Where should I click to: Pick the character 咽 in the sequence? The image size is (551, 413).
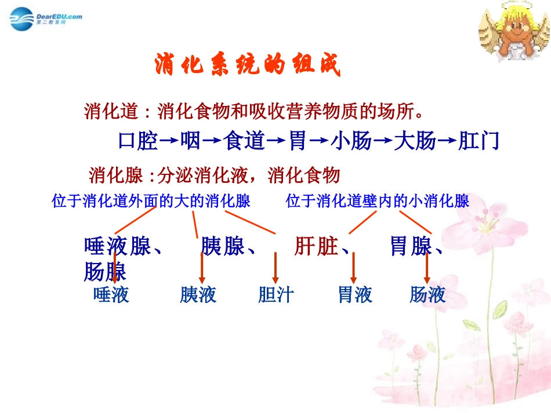click(x=190, y=141)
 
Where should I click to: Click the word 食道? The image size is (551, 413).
click(x=244, y=141)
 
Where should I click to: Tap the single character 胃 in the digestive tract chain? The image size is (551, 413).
click(x=298, y=141)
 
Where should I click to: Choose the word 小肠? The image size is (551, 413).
click(x=351, y=141)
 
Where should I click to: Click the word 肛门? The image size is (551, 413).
click(x=478, y=141)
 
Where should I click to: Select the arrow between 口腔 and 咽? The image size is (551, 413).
click(x=168, y=141)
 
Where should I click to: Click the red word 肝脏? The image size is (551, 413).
click(x=317, y=247)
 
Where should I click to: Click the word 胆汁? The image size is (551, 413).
click(x=276, y=295)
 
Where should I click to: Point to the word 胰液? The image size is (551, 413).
click(x=198, y=295)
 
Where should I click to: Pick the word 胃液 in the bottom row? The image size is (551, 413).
click(x=355, y=295)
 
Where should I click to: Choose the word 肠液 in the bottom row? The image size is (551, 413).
click(x=427, y=295)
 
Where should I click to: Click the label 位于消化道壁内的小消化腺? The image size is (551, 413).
click(x=378, y=201)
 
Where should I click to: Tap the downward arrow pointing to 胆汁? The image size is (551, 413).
click(x=275, y=268)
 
